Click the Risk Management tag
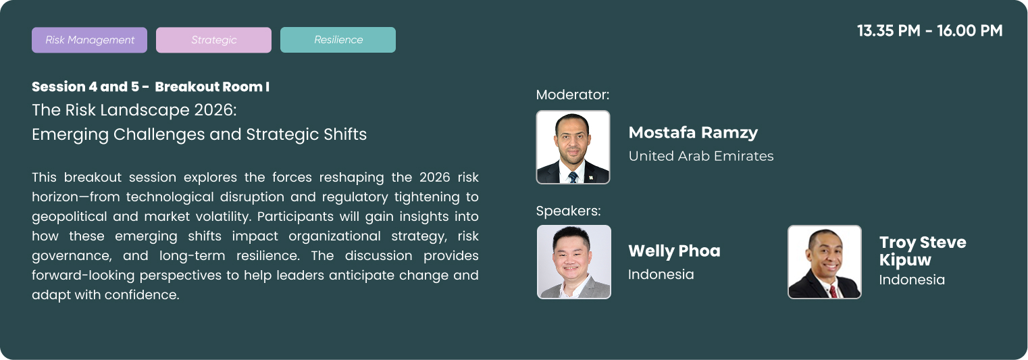pyautogui.click(x=89, y=40)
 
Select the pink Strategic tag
pyautogui.click(x=214, y=40)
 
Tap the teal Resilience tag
pyautogui.click(x=338, y=40)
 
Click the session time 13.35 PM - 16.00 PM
pyautogui.click(x=930, y=31)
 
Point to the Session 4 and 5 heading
pyautogui.click(x=151, y=86)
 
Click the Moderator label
pyautogui.click(x=573, y=95)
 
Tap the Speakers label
pyautogui.click(x=569, y=211)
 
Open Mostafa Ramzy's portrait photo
pyautogui.click(x=573, y=147)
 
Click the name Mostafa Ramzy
pyautogui.click(x=693, y=132)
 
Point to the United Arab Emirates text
pyautogui.click(x=701, y=156)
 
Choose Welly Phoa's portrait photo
pyautogui.click(x=574, y=262)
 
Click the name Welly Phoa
pyautogui.click(x=674, y=251)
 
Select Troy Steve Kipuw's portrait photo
pyautogui.click(x=825, y=262)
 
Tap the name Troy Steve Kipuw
pyautogui.click(x=923, y=251)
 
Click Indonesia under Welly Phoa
pyautogui.click(x=661, y=275)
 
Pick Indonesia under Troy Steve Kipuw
pyautogui.click(x=912, y=280)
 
